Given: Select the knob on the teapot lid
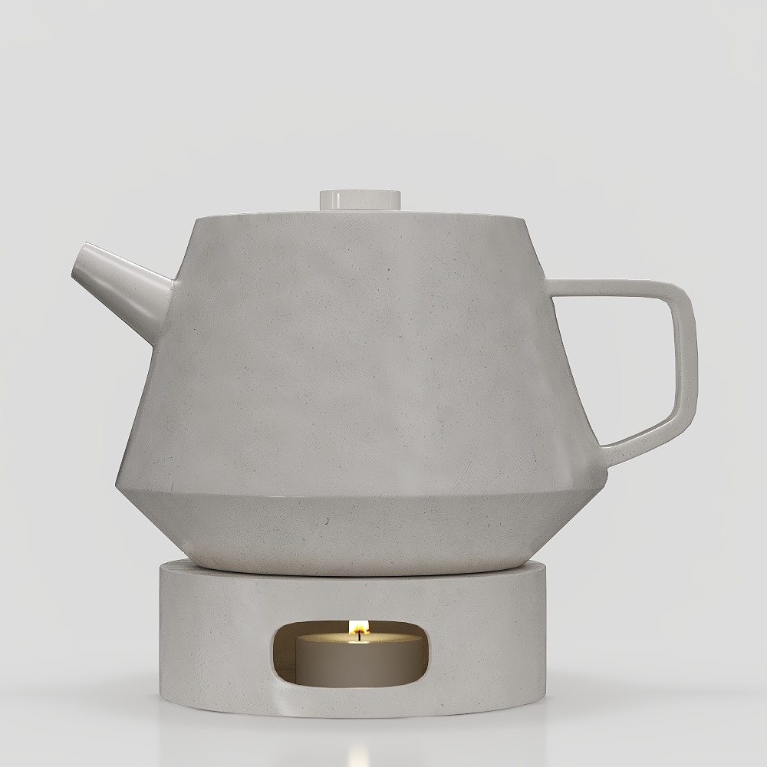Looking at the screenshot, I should click(x=360, y=199).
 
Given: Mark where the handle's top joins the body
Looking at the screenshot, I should click(x=556, y=288).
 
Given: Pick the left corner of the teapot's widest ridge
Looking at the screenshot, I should click(x=117, y=486).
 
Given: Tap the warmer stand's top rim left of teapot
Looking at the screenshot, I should click(x=173, y=566).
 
